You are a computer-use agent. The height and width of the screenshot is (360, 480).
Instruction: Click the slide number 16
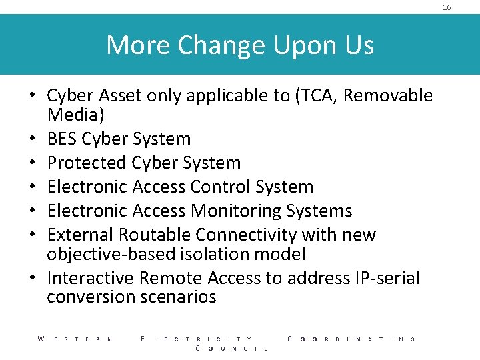coord(447,7)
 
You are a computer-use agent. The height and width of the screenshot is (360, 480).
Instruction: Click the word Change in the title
coord(219,45)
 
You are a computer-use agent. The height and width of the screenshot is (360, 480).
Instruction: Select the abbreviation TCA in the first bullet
coord(319,96)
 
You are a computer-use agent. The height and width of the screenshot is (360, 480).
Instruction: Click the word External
coord(81,235)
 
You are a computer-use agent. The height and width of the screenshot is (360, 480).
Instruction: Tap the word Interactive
coord(91,278)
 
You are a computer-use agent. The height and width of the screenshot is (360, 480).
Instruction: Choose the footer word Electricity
coord(197,339)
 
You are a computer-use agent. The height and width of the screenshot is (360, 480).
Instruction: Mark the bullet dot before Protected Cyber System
coord(32,163)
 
